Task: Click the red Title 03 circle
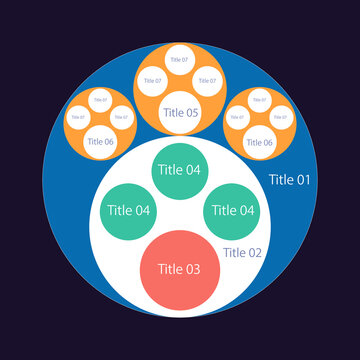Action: pos(180,269)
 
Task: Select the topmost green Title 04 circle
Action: pos(180,170)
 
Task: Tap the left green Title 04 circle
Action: pos(129,211)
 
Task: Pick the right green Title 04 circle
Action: pos(231,211)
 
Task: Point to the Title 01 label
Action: pos(290,180)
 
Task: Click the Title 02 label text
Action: pos(242,253)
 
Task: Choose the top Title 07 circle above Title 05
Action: pos(180,60)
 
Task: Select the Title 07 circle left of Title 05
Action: pos(153,81)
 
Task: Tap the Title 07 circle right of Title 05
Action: pos(207,81)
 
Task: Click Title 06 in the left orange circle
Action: pos(101,141)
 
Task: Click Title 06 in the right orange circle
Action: pos(259,141)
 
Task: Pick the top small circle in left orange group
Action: pos(101,99)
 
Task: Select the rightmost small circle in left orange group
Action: pos(122,117)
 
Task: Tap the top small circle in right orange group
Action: pos(259,99)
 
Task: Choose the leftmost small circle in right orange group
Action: pos(238,117)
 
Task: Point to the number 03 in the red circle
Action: pos(193,269)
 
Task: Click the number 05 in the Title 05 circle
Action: pos(191,113)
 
